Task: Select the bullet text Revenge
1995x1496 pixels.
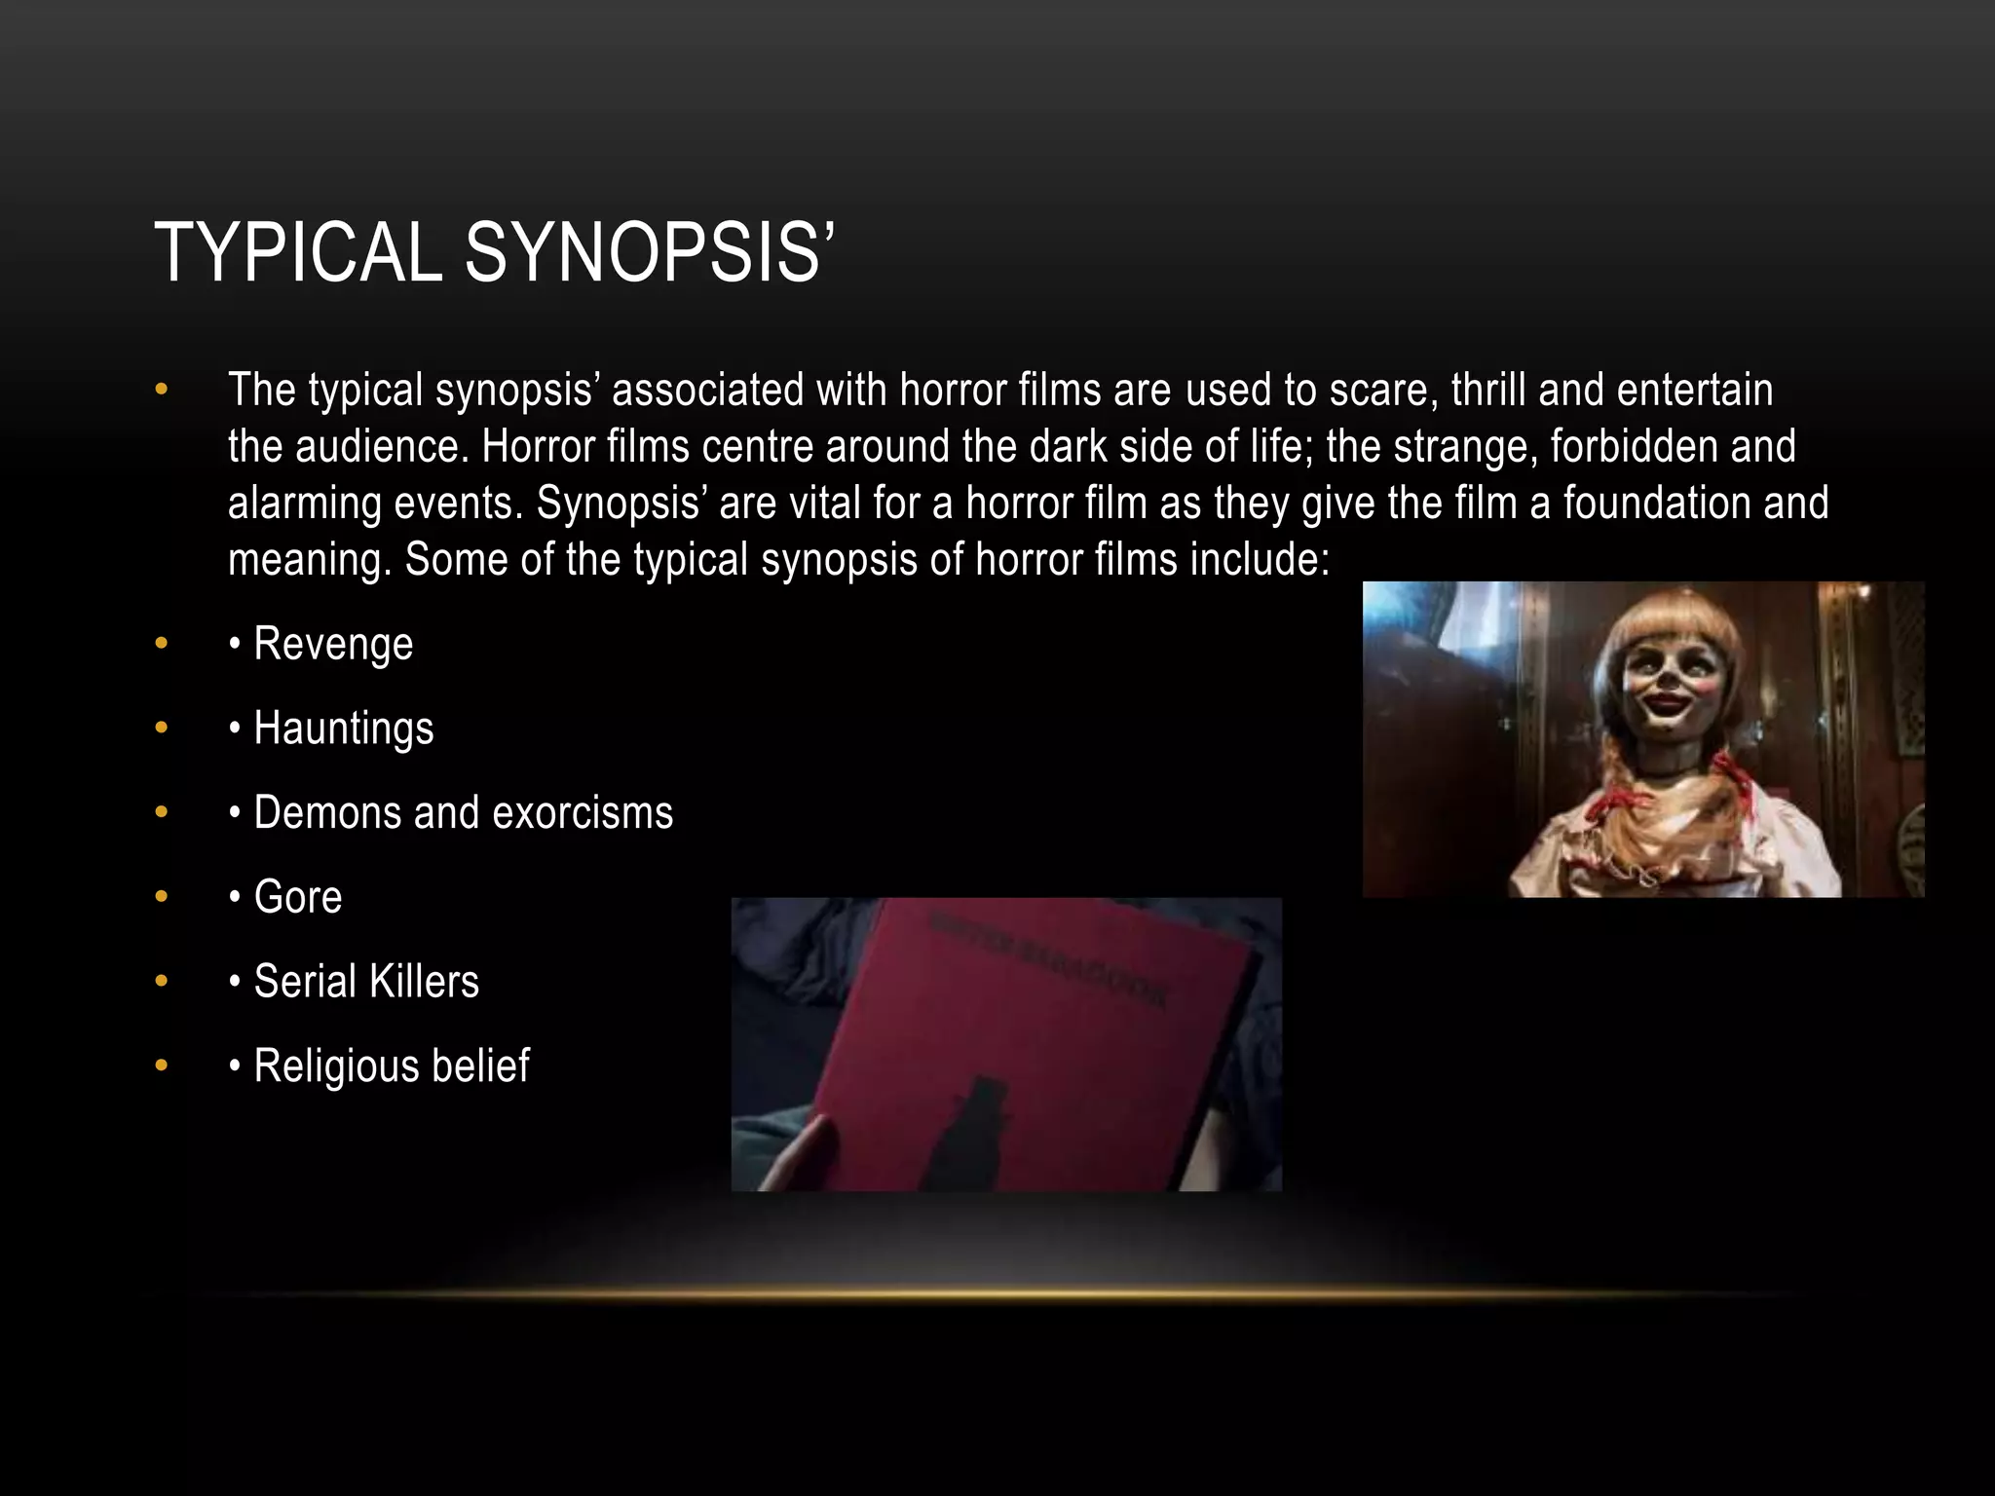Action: pos(333,644)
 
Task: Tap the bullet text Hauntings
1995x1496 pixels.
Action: pos(344,729)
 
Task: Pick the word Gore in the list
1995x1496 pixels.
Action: pos(298,897)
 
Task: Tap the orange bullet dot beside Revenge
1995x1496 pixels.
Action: pos(162,644)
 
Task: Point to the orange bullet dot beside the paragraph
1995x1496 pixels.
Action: pos(162,391)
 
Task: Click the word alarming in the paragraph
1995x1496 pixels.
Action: pos(305,504)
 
